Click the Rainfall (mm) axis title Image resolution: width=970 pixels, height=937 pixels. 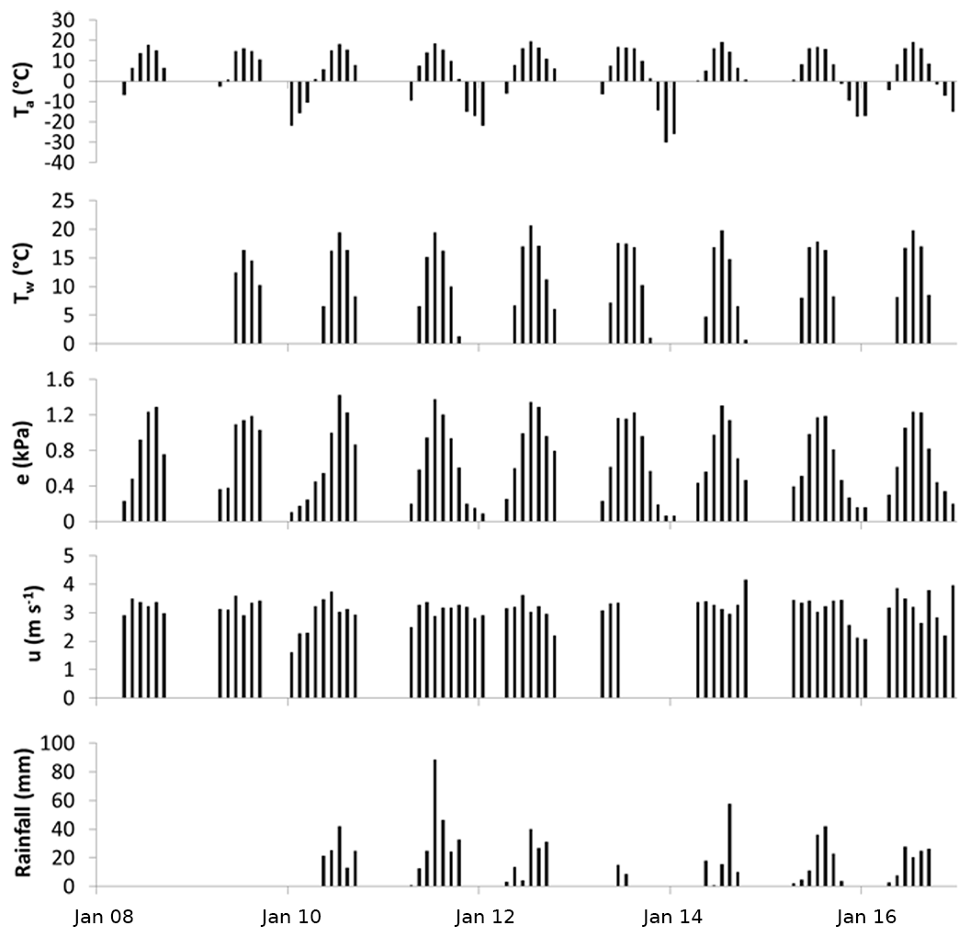(x=25, y=814)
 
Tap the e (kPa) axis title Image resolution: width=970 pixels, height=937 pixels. (x=25, y=450)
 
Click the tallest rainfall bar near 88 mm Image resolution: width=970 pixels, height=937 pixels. (x=434, y=822)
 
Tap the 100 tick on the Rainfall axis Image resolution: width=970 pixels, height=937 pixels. (x=71, y=742)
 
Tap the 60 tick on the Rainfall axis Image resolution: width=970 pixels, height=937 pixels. (x=75, y=800)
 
